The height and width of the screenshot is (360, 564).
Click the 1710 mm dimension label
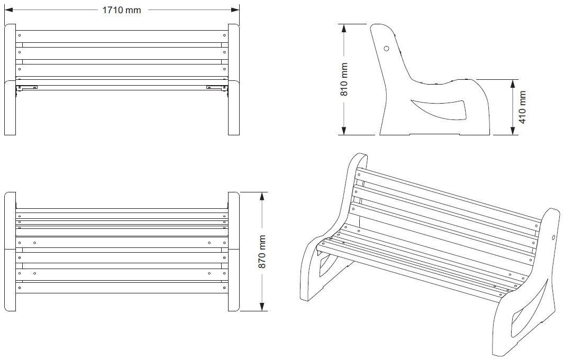(122, 10)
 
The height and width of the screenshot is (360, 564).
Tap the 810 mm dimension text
(344, 80)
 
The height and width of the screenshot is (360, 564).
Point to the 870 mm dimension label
(262, 251)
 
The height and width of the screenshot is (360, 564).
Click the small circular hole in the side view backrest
(386, 49)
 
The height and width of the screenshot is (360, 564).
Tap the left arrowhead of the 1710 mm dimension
(7, 10)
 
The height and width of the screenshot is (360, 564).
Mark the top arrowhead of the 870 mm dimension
(262, 196)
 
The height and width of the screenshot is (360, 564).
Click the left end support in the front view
(11, 79)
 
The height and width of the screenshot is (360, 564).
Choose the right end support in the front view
(234, 79)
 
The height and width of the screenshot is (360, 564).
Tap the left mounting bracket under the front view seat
(26, 88)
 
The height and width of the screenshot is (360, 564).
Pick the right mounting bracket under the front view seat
(216, 88)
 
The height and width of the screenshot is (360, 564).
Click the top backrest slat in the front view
(122, 36)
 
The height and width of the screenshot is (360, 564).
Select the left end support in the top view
(11, 252)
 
